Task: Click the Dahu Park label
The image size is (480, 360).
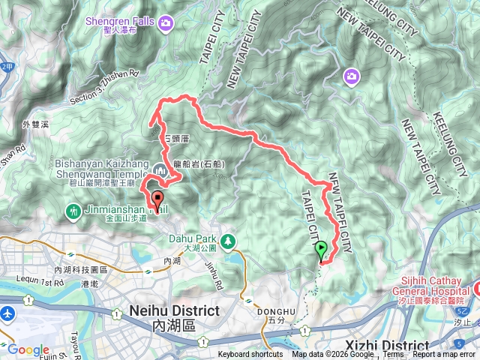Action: pyautogui.click(x=187, y=241)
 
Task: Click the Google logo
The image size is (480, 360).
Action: pyautogui.click(x=28, y=349)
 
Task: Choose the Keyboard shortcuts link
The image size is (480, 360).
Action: pyautogui.click(x=250, y=355)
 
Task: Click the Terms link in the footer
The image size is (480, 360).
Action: pyautogui.click(x=393, y=355)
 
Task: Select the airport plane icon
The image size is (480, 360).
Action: pyautogui.click(x=7, y=313)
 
